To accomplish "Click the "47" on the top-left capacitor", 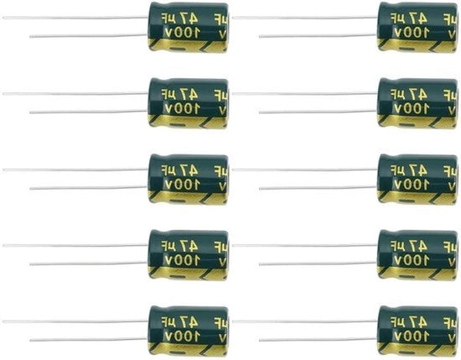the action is [x=190, y=18].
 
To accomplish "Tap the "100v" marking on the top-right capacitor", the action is [x=412, y=33].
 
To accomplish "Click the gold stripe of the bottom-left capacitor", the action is [x=188, y=349].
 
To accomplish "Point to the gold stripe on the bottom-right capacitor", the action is [x=417, y=349].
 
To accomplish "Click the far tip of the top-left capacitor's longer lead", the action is [x=3, y=18].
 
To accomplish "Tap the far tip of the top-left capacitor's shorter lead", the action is [x=30, y=36].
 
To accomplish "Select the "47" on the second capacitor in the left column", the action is [x=190, y=95].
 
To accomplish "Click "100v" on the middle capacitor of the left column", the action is [x=183, y=185].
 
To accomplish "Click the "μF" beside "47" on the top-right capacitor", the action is [x=398, y=18].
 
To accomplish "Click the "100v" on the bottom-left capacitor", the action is [x=183, y=337].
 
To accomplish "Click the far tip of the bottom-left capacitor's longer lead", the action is [x=3, y=321].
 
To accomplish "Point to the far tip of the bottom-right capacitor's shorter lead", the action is [x=260, y=340].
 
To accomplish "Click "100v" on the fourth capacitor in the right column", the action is [x=412, y=260].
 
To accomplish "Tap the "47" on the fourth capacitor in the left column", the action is [x=190, y=246].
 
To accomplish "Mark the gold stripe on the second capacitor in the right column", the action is [x=417, y=122].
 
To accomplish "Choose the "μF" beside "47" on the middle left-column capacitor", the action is [x=169, y=170].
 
